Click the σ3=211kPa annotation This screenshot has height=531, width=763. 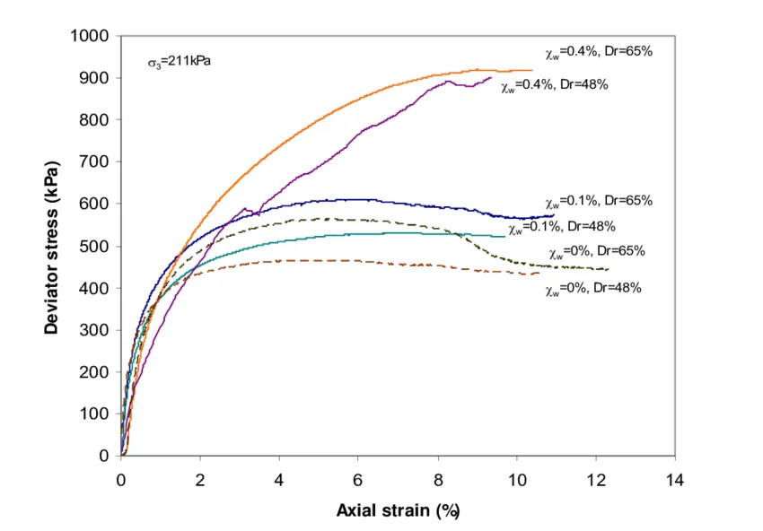tap(179, 63)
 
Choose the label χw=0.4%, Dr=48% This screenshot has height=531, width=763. tap(556, 85)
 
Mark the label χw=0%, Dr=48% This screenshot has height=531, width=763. tap(592, 289)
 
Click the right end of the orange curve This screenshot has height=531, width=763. tap(532, 70)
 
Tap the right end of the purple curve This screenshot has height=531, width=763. tap(491, 77)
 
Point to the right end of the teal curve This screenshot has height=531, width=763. tap(505, 236)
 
